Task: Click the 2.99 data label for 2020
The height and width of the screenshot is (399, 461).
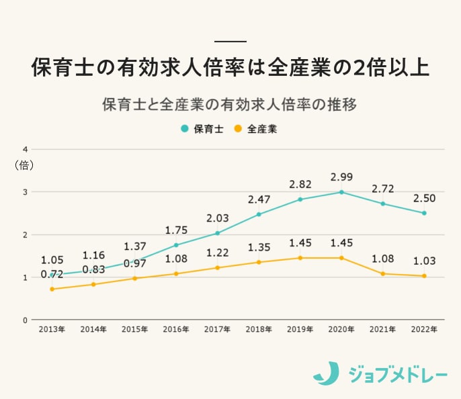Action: [341, 177]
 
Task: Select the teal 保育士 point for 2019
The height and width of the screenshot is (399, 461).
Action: [300, 199]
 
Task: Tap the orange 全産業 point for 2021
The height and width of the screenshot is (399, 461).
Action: [382, 273]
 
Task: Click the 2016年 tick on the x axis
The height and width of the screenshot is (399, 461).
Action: [176, 330]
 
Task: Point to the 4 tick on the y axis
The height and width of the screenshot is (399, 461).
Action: [25, 149]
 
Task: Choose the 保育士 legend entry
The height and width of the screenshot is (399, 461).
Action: [202, 129]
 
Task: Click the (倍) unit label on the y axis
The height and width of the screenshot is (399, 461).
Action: [24, 165]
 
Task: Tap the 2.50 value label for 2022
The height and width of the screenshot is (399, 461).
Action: [424, 198]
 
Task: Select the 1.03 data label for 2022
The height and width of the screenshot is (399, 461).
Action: [424, 261]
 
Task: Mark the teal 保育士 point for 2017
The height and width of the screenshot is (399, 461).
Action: [218, 233]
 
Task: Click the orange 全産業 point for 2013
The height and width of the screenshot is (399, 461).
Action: [52, 289]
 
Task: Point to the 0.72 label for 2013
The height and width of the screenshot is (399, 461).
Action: [52, 275]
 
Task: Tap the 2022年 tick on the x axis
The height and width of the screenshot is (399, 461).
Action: [424, 330]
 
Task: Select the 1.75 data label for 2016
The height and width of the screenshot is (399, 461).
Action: [176, 230]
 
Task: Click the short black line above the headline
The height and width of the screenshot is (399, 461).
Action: [230, 41]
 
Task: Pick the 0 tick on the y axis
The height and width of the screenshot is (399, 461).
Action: [25, 320]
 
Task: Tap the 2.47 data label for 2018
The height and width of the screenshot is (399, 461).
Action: [259, 199]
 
